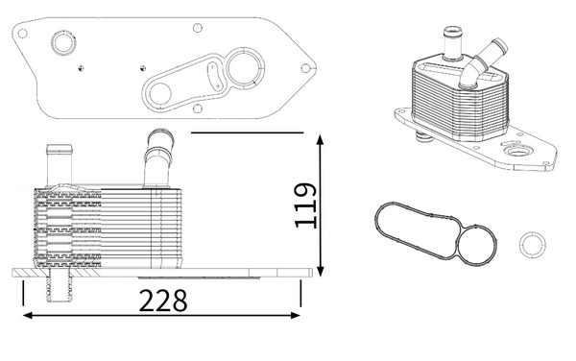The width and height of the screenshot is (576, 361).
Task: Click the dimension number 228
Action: pyautogui.click(x=163, y=301)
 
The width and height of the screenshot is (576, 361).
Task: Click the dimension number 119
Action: pyautogui.click(x=305, y=205)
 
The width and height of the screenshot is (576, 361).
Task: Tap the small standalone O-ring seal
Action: pyautogui.click(x=532, y=245)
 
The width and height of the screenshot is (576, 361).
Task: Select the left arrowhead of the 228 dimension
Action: pyautogui.click(x=28, y=315)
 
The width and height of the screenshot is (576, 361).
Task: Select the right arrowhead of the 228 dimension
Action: pyautogui.click(x=296, y=315)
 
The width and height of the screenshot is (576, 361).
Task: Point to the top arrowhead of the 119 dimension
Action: pyautogui.click(x=321, y=140)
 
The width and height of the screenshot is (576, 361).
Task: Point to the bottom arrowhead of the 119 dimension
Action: pyautogui.click(x=321, y=271)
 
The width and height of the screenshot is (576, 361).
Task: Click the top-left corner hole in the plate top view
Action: pyautogui.click(x=22, y=34)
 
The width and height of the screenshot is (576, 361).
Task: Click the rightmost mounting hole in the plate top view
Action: pyautogui.click(x=305, y=68)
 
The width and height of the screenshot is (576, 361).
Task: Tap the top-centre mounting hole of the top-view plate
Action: pyautogui.click(x=198, y=28)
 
